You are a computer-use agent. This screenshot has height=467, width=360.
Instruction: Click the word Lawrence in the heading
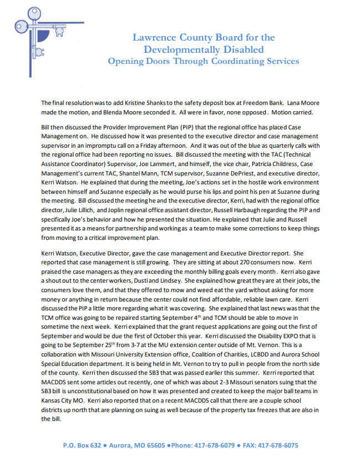coord(155,38)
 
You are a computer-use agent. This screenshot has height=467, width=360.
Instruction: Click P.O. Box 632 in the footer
coord(81,445)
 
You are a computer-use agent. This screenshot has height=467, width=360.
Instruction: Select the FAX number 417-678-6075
coord(274,445)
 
